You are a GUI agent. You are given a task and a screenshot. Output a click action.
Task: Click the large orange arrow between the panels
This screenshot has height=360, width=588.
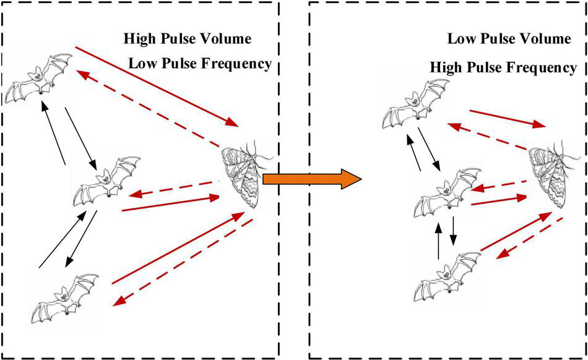tap(311, 179)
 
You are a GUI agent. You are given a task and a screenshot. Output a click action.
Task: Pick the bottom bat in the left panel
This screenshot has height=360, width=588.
tap(66, 299)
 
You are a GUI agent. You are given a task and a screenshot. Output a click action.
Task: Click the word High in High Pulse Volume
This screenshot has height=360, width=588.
tap(139, 38)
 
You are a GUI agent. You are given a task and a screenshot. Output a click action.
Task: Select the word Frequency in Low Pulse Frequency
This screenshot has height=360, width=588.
tap(238, 63)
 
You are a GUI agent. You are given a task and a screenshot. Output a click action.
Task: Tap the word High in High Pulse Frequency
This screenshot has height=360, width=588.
tap(446, 66)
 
